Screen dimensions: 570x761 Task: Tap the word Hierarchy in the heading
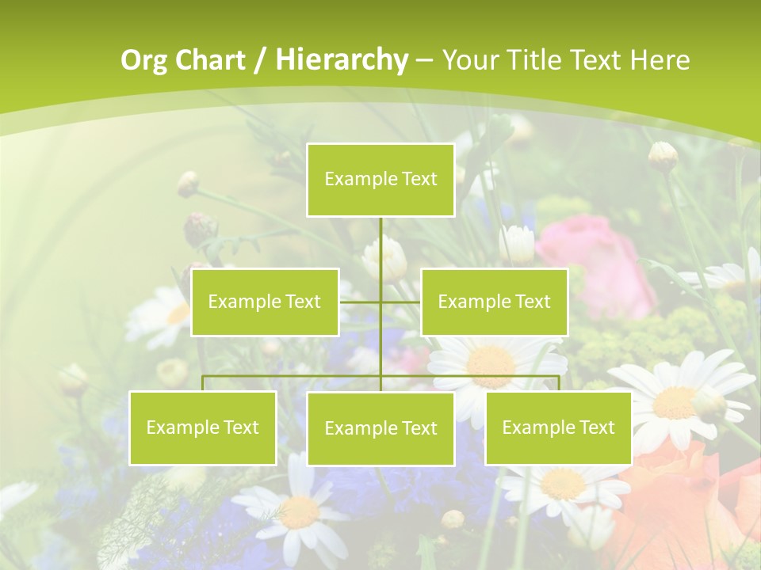(x=342, y=60)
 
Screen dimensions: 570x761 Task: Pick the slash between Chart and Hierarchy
(x=258, y=61)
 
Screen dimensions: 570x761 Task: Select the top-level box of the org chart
(x=380, y=180)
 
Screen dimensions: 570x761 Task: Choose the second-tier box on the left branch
(x=265, y=302)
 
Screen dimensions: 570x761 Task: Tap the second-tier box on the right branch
(x=494, y=302)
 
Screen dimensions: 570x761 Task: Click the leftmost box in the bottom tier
(x=202, y=428)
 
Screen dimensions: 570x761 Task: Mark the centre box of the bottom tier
(x=380, y=429)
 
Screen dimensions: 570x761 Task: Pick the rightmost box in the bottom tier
(x=558, y=428)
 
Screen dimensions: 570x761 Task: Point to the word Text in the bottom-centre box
(x=419, y=429)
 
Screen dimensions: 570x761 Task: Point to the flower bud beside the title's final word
(x=663, y=156)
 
